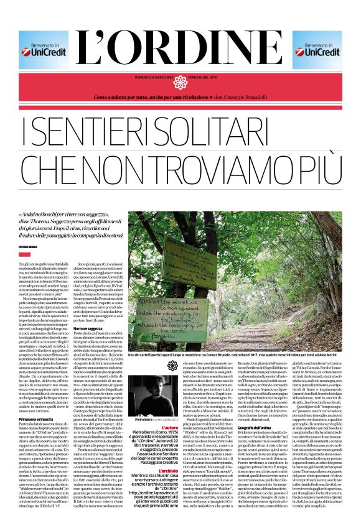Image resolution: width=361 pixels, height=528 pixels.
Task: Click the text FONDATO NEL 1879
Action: [207, 77]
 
